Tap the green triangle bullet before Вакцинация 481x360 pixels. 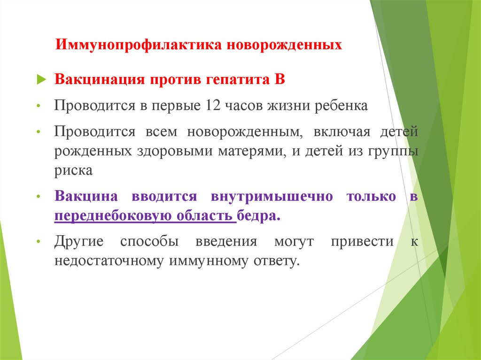pos(41,79)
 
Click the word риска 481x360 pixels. pos(73,171)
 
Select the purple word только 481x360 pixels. pos(371,197)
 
